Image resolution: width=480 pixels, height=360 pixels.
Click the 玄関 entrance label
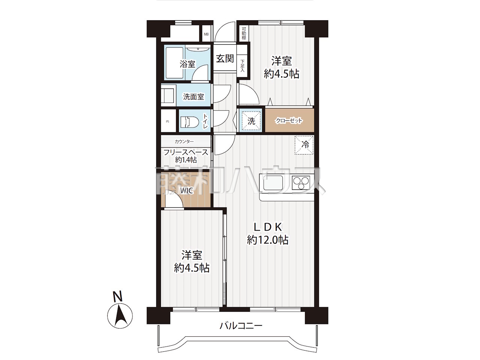[x=225, y=58]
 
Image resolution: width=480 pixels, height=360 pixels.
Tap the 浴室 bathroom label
[x=187, y=64]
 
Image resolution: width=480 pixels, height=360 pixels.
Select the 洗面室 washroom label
[x=193, y=97]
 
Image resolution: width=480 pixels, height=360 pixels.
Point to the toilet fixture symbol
[x=189, y=122]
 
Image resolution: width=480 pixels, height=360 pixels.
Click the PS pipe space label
[x=168, y=122]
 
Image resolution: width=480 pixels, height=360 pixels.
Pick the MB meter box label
[x=206, y=34]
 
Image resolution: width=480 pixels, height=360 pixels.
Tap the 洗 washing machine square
[x=251, y=121]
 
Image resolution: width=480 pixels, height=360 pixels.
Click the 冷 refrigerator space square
[x=304, y=145]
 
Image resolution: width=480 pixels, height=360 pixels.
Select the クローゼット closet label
[x=289, y=120]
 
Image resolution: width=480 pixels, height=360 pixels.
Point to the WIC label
[x=187, y=190]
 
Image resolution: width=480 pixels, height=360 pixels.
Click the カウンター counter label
[x=184, y=142]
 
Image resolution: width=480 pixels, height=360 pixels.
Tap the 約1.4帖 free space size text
[x=186, y=160]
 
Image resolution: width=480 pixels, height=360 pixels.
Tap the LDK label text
[x=268, y=227]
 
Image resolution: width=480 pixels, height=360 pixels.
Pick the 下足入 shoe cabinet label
[x=242, y=66]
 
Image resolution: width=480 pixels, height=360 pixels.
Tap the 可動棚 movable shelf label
[x=244, y=33]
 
